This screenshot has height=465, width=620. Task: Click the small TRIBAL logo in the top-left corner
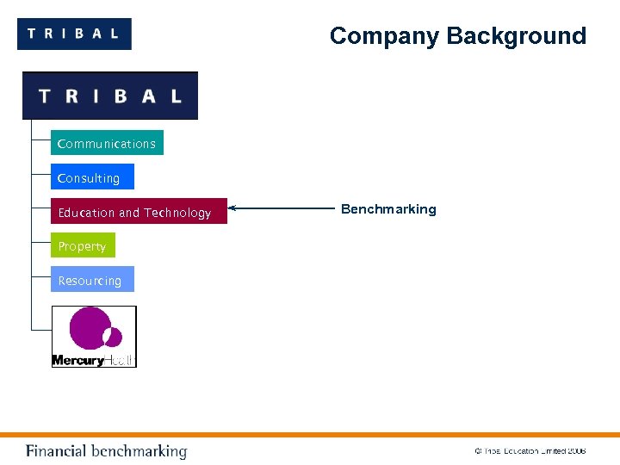tap(74, 34)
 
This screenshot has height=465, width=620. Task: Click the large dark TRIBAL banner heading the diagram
tap(110, 96)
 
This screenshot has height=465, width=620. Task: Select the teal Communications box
tap(107, 144)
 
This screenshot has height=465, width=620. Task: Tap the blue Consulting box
tap(92, 178)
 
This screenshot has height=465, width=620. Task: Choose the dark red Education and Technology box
tap(139, 213)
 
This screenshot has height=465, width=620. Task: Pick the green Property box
tap(83, 246)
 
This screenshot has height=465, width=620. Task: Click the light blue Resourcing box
tap(92, 281)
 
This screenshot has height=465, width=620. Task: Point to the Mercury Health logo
tap(94, 337)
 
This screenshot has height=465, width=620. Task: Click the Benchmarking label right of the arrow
tap(388, 209)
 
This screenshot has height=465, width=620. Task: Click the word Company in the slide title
tap(384, 36)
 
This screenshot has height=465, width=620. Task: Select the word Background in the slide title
tap(516, 36)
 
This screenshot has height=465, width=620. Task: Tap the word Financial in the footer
tap(56, 450)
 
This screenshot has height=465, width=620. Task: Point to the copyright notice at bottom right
tap(530, 450)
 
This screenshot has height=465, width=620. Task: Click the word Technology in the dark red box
tap(177, 213)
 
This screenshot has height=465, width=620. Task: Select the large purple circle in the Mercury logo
tap(90, 328)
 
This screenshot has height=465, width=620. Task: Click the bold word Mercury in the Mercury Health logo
tap(77, 361)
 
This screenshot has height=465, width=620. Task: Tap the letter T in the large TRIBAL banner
tap(44, 96)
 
